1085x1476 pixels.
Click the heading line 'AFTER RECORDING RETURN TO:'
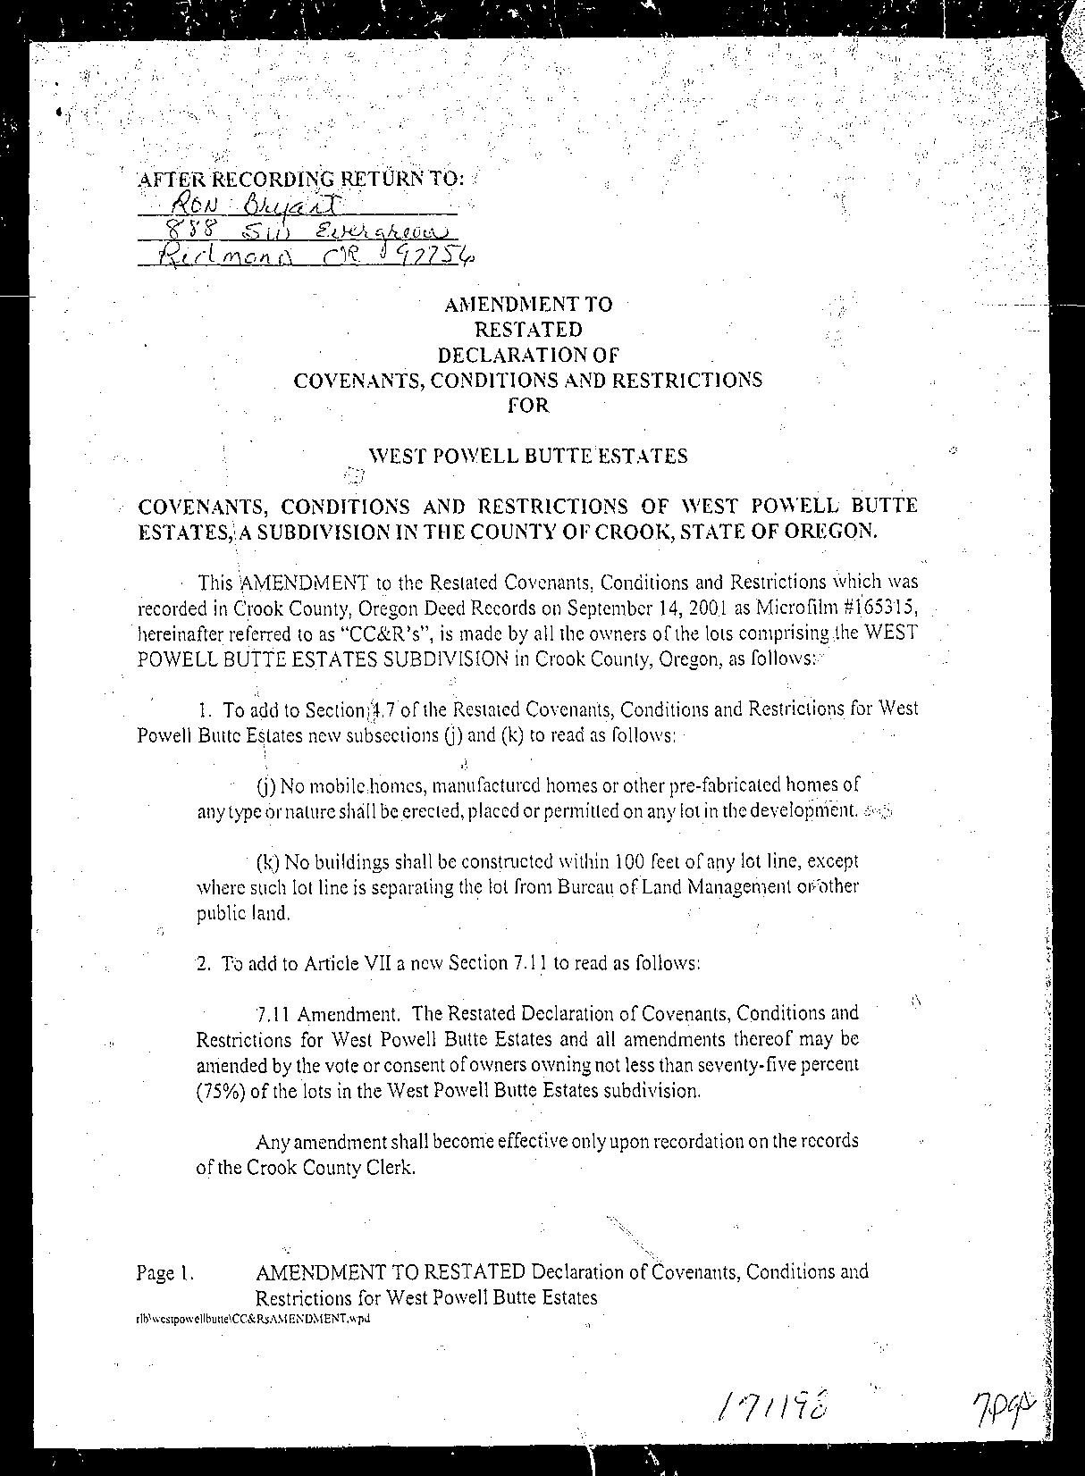(x=300, y=178)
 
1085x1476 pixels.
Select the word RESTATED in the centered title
(x=528, y=330)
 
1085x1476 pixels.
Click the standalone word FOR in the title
(x=528, y=405)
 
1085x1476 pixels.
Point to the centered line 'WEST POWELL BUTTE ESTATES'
(x=528, y=457)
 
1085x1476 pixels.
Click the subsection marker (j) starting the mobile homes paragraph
(x=265, y=786)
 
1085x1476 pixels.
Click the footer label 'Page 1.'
(x=164, y=1272)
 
